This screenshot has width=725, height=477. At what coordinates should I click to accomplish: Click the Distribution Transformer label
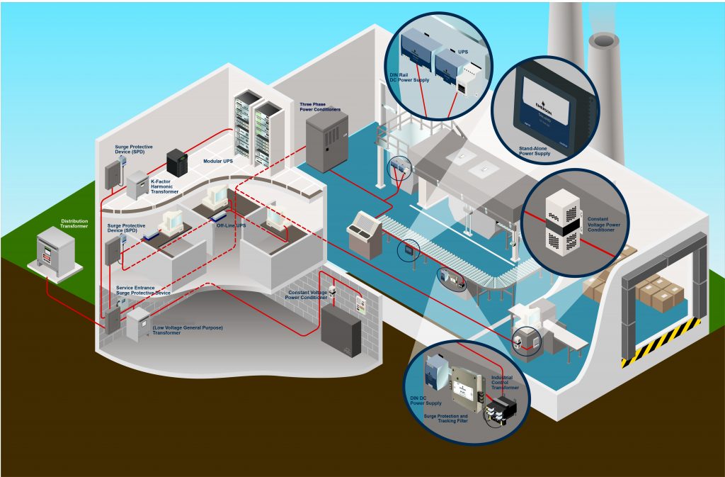(74, 223)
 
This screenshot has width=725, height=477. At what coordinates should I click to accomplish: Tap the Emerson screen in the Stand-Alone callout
(549, 103)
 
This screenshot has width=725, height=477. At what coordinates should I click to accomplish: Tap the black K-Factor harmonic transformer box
(176, 164)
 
